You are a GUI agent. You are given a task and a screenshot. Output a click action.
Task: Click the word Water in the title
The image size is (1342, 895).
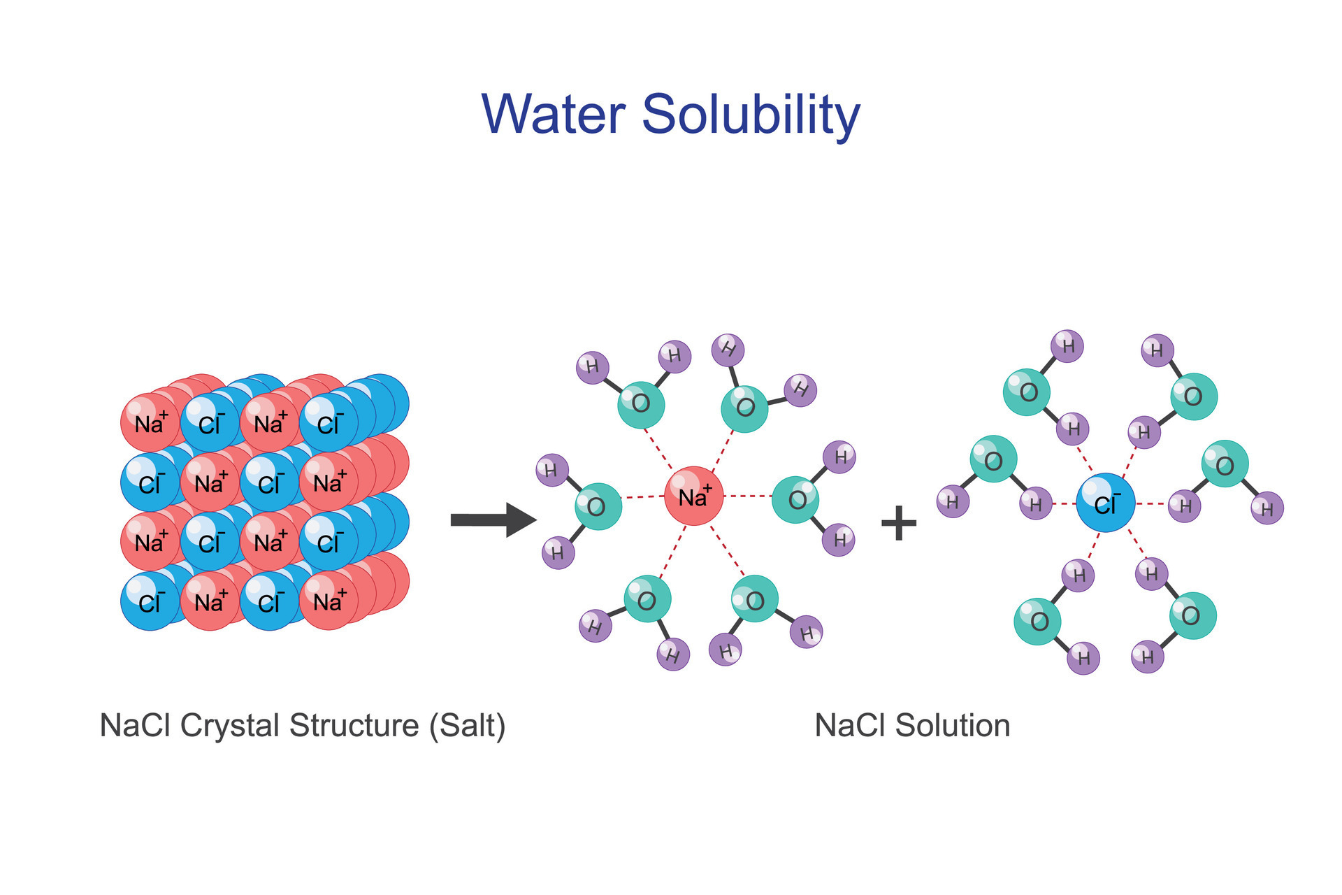pyautogui.click(x=553, y=114)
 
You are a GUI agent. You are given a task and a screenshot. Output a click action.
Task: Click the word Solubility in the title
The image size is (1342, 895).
pyautogui.click(x=751, y=114)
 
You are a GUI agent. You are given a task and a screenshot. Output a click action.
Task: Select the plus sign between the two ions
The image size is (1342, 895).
pyautogui.click(x=899, y=522)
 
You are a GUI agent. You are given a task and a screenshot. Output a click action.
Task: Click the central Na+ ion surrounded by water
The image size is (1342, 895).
pyautogui.click(x=693, y=496)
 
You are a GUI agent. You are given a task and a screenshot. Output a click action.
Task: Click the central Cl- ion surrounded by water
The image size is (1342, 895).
pyautogui.click(x=1105, y=503)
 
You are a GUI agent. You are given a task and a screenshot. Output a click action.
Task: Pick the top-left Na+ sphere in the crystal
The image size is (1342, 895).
pyautogui.click(x=150, y=423)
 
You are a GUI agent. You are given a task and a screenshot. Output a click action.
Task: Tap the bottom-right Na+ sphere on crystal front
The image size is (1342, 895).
pyautogui.click(x=329, y=601)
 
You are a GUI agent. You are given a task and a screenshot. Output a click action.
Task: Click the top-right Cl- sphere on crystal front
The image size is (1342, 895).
pyautogui.click(x=329, y=423)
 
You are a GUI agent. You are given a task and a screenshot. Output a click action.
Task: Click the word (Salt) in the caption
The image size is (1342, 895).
pyautogui.click(x=467, y=725)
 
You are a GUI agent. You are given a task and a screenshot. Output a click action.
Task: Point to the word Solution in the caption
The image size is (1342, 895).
pyautogui.click(x=952, y=725)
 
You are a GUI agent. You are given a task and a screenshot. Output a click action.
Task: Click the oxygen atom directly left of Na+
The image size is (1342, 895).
pyautogui.click(x=598, y=506)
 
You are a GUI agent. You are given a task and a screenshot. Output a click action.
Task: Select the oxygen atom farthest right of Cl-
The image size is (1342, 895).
pyautogui.click(x=1225, y=464)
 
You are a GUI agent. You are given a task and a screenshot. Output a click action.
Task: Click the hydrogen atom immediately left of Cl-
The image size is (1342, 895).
pyautogui.click(x=1035, y=503)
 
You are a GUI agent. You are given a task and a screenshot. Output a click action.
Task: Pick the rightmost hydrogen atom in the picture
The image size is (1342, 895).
pyautogui.click(x=1267, y=508)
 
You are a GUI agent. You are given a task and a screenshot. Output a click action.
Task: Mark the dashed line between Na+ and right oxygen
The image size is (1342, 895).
pyautogui.click(x=747, y=496)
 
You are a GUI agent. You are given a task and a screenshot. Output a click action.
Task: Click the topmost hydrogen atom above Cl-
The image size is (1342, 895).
pyautogui.click(x=1067, y=345)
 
